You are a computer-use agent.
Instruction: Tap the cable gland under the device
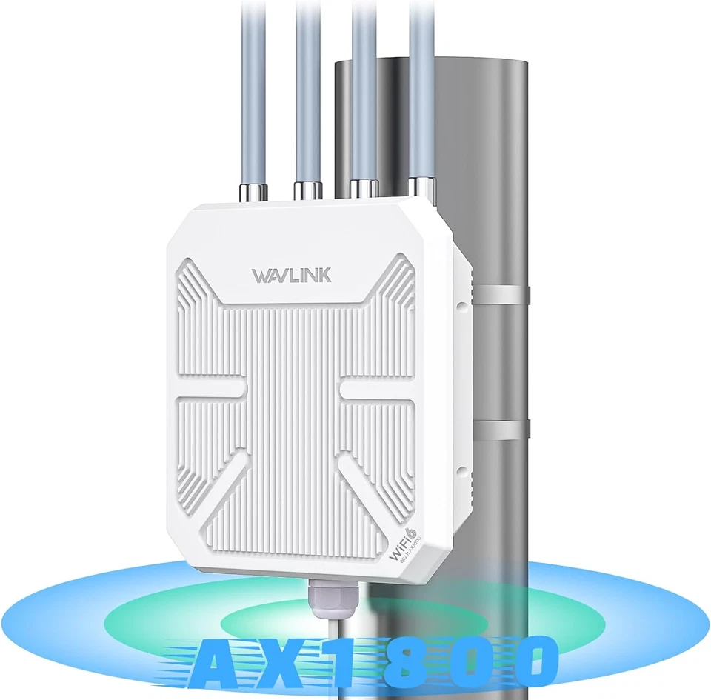click(327, 600)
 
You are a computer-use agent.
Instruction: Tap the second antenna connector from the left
click(307, 190)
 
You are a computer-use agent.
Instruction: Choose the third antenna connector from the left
click(364, 188)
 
